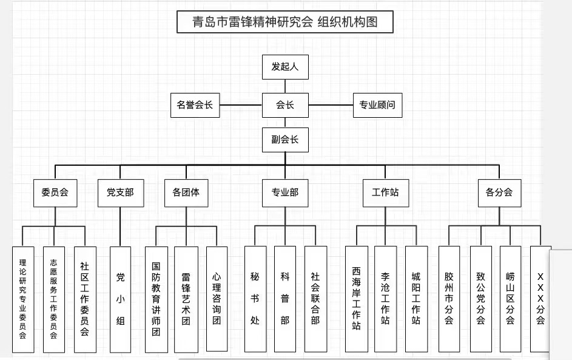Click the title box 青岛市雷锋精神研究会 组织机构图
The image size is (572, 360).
[285, 22]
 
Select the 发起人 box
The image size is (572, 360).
[285, 67]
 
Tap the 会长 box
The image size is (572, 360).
[285, 105]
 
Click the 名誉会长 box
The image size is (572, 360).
[195, 105]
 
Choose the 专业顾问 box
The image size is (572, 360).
[377, 105]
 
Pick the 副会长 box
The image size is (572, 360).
[285, 140]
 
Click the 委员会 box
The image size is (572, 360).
[55, 193]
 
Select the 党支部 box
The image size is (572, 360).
[120, 193]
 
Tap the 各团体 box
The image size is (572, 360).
[186, 193]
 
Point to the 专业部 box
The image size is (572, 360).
[285, 193]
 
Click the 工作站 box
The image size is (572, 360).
[385, 193]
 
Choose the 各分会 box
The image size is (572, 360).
[499, 193]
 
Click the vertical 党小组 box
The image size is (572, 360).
[120, 299]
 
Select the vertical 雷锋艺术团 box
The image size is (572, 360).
[186, 299]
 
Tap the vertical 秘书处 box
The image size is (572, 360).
[255, 299]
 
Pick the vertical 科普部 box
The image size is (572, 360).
[284, 299]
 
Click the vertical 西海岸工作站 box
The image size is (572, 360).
[356, 299]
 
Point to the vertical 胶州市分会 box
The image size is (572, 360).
[449, 299]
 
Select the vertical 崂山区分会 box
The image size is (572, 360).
[510, 299]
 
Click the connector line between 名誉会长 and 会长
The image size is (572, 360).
[241, 105]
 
